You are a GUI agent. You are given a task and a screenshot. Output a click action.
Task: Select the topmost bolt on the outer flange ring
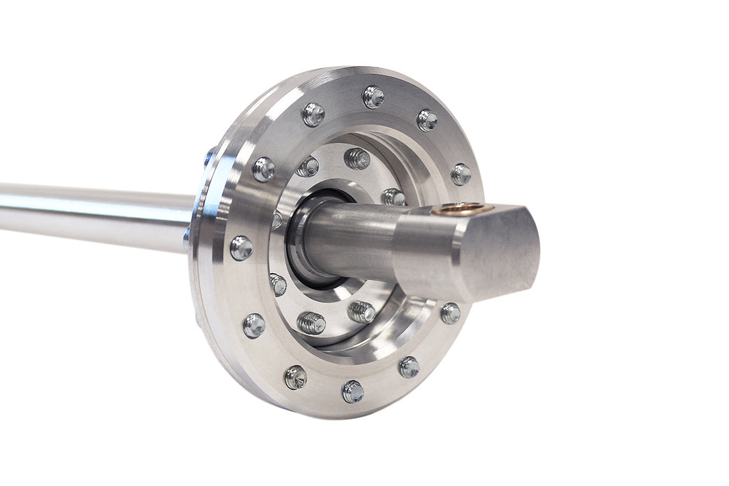point(373,97)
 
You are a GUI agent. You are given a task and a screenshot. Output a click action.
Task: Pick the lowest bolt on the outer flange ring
point(352,391)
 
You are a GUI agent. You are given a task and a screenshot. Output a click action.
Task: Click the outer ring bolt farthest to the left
point(241,248)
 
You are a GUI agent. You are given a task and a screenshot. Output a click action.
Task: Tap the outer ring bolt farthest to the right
point(461,174)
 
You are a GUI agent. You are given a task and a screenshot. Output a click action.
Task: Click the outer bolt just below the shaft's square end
point(450,313)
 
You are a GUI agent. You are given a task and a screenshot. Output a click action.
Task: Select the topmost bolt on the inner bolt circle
point(357,158)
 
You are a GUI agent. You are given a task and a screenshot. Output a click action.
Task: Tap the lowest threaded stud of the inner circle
point(310,323)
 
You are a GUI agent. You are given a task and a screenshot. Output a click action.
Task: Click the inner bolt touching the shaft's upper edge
point(392,197)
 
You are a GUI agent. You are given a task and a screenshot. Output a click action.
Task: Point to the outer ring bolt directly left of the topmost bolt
point(313,114)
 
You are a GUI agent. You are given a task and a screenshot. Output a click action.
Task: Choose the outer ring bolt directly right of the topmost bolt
point(427,120)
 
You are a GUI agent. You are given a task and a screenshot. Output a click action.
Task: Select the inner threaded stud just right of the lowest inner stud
point(362,312)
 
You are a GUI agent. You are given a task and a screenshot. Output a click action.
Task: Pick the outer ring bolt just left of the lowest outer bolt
point(295,376)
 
